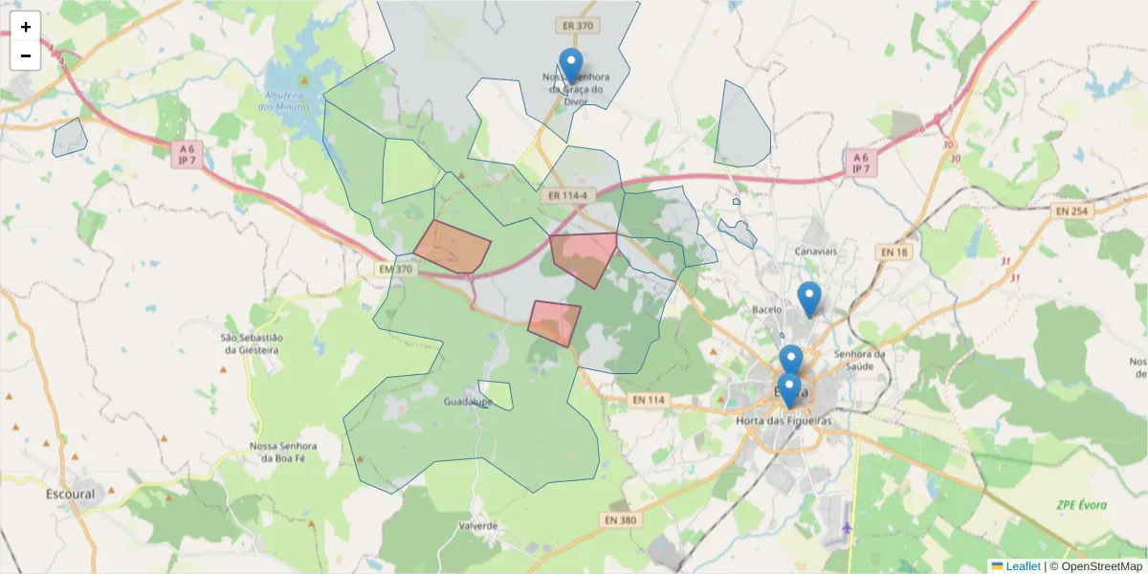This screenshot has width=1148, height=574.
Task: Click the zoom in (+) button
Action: (x=26, y=27)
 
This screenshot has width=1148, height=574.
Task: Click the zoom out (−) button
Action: (x=26, y=55)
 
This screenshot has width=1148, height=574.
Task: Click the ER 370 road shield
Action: (x=579, y=26)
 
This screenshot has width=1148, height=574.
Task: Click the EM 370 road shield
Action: (x=395, y=270)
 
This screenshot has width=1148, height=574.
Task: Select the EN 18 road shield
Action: (x=893, y=252)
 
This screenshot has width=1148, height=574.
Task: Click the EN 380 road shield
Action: (x=620, y=519)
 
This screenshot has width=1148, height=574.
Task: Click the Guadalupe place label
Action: (x=468, y=403)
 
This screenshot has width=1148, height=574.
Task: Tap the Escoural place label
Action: (x=71, y=495)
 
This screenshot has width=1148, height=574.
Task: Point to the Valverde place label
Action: (x=478, y=526)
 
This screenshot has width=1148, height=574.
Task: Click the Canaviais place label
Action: (x=816, y=252)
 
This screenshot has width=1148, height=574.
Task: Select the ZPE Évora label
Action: (x=1081, y=505)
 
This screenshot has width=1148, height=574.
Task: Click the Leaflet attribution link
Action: (x=1022, y=566)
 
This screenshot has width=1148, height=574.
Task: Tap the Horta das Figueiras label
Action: (x=784, y=421)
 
